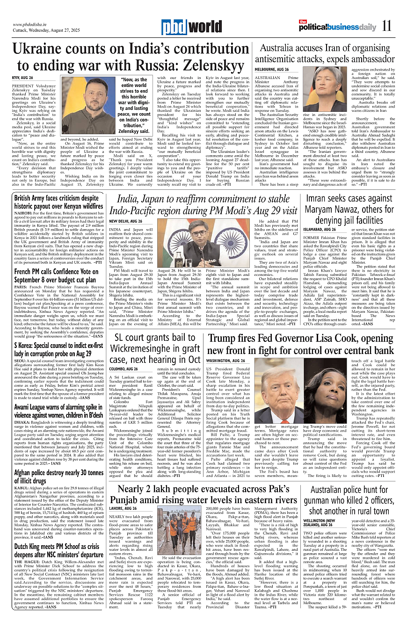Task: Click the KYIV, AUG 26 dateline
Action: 22,77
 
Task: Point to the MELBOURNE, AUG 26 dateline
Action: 272,69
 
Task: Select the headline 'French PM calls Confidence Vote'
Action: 56,272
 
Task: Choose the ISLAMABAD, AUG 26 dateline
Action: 320,230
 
